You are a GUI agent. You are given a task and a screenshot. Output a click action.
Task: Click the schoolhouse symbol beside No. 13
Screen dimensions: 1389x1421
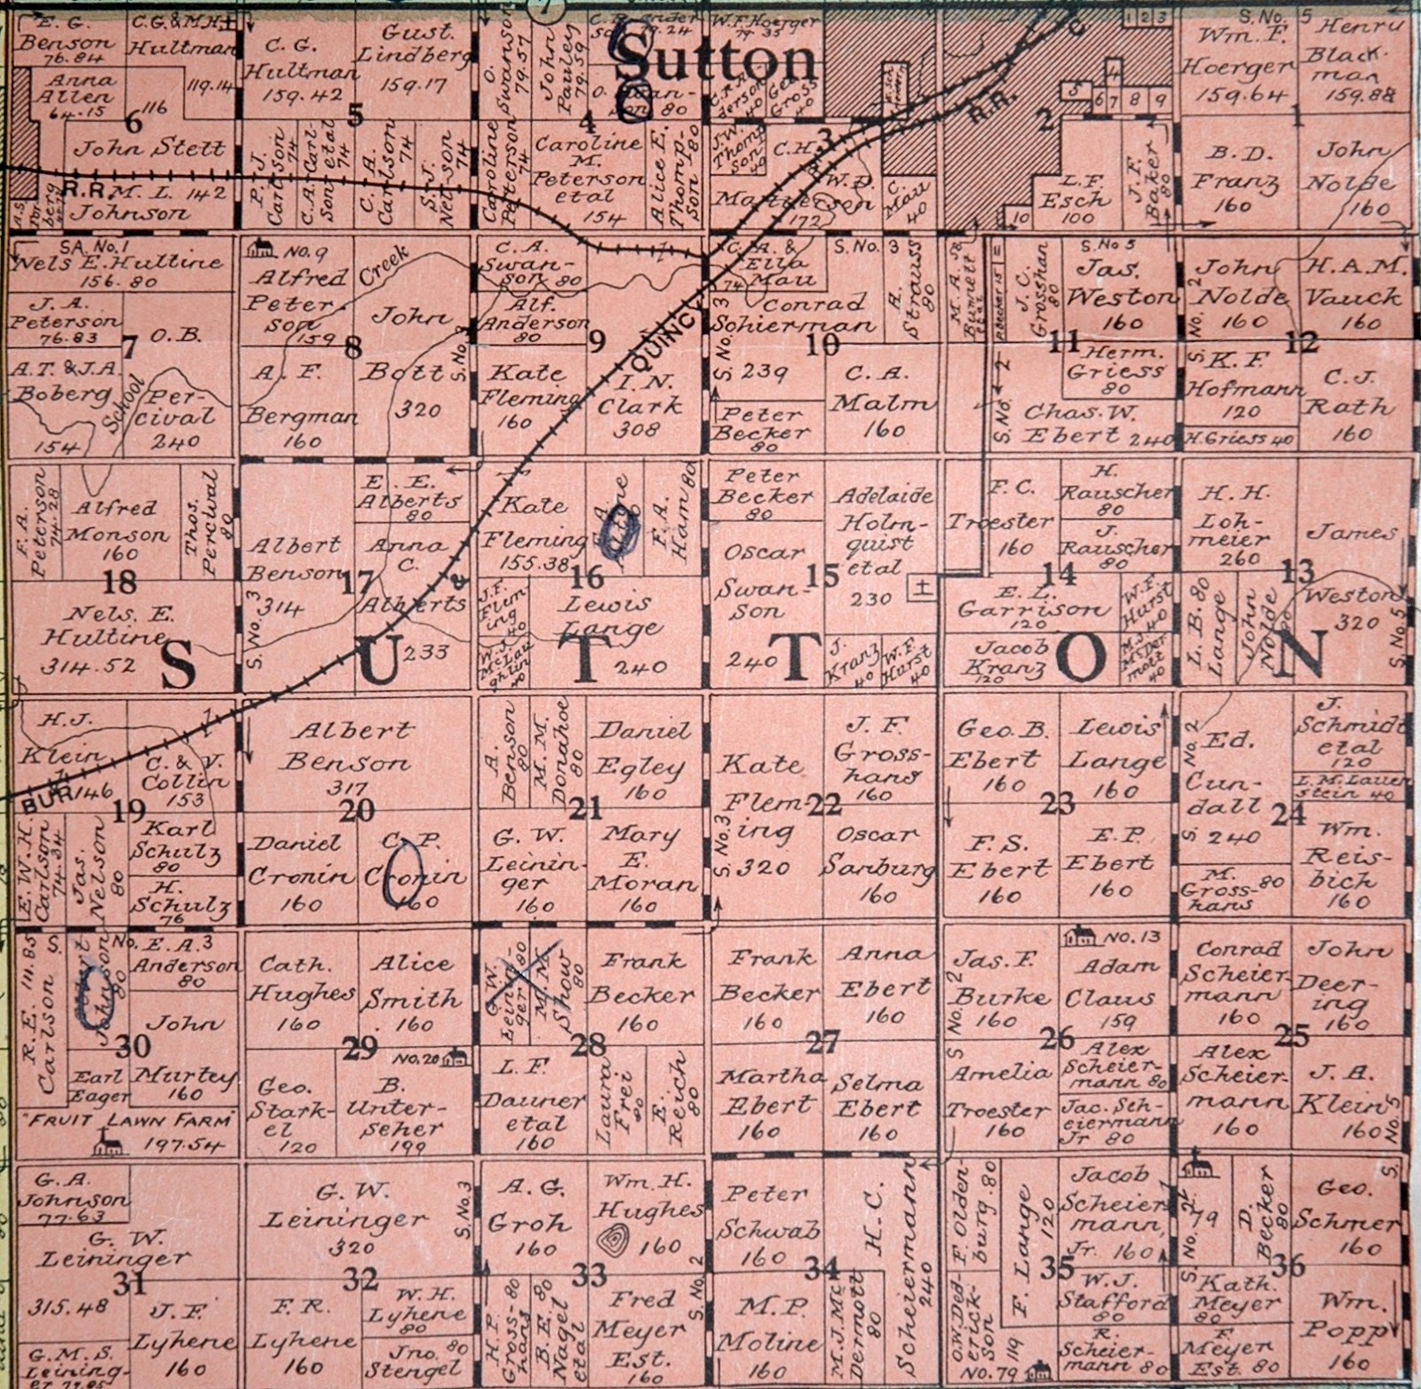coord(1082,936)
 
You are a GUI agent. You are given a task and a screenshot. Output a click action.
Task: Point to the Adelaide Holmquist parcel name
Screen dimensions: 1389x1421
coord(881,526)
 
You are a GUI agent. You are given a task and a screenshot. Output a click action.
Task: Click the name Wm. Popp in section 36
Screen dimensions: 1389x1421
coord(1354,1318)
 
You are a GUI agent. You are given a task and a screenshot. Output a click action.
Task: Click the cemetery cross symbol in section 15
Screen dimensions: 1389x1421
coord(925,587)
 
